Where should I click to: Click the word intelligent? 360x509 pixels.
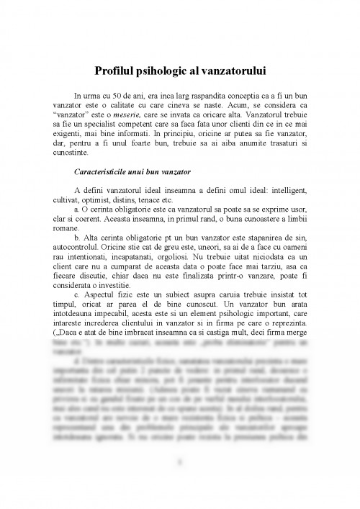[x=264, y=190]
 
